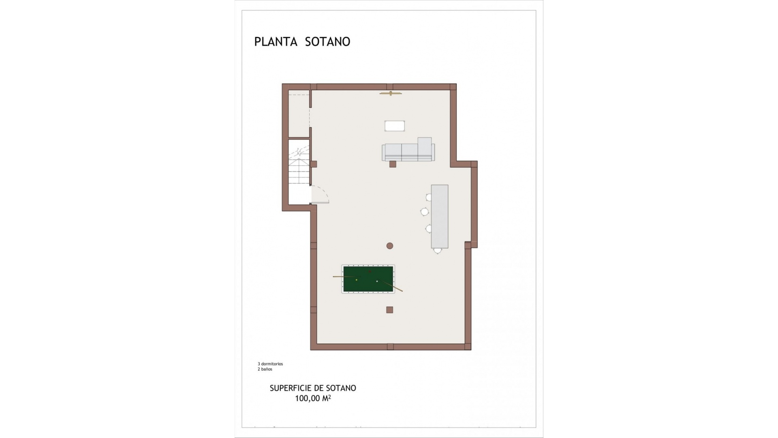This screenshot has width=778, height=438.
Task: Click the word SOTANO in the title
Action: [327, 42]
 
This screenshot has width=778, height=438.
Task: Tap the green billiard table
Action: [368, 279]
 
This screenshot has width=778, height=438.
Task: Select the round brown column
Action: [390, 245]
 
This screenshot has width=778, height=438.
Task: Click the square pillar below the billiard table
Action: [389, 310]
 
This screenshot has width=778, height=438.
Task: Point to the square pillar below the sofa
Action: [393, 164]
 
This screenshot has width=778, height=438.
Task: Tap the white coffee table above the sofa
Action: [395, 126]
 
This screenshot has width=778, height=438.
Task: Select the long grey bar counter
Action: [440, 216]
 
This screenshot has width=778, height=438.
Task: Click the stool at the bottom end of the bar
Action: [437, 251]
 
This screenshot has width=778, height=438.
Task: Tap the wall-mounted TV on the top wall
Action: [391, 94]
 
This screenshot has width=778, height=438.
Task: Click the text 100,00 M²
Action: [313, 398]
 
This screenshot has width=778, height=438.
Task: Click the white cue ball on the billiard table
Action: [377, 281]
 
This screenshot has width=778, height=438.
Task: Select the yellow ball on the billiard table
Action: [357, 280]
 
